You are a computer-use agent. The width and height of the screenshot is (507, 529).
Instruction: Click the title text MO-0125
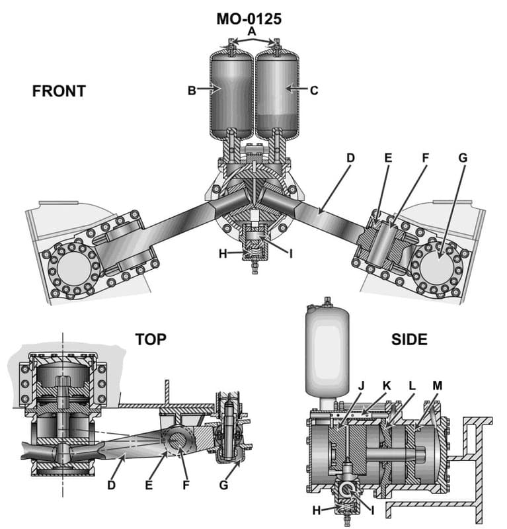249,19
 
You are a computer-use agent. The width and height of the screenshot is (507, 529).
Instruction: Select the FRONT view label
59,91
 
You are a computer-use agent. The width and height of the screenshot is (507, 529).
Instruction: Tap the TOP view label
151,340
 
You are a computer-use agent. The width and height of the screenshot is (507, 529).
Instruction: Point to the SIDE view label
409,340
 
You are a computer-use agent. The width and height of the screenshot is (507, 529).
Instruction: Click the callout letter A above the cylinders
251,31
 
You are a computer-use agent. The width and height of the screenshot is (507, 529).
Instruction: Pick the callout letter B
192,91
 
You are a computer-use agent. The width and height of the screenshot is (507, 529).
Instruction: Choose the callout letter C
314,91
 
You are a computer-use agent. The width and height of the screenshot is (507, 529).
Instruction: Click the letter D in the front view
350,158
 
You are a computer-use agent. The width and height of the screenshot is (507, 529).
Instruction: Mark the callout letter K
387,385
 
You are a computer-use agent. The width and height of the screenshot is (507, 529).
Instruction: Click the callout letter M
438,385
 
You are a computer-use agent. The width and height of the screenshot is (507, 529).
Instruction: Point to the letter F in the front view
425,158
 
